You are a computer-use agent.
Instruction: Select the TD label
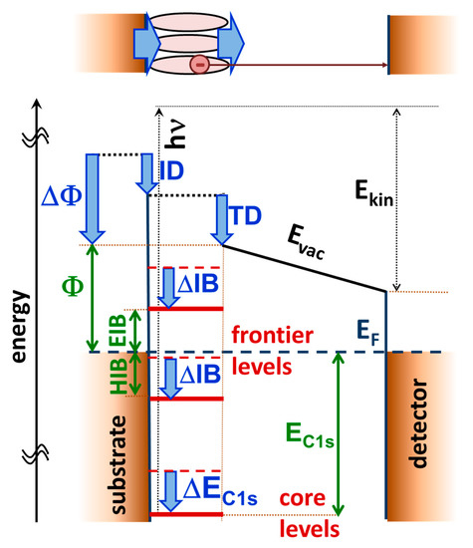(x=248, y=212)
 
